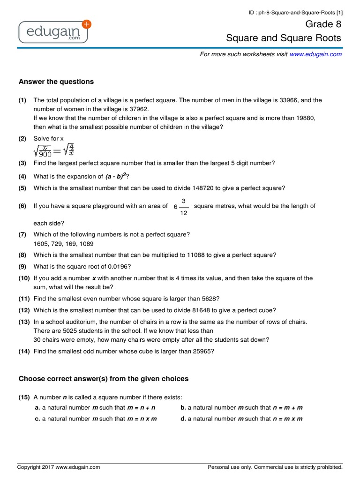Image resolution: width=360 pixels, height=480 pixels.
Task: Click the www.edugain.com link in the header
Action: coord(315,54)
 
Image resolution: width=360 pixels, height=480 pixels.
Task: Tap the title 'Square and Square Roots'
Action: coord(284,38)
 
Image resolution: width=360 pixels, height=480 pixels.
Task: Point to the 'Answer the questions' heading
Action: coord(56,82)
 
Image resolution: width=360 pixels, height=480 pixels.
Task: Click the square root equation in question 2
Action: coord(54,150)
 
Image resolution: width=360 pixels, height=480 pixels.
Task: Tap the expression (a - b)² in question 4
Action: coord(116,176)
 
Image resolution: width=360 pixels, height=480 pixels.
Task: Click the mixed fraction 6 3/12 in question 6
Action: coord(181,206)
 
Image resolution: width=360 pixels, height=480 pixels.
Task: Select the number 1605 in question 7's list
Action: coord(41,244)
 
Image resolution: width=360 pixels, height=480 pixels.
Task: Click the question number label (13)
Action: coord(24,322)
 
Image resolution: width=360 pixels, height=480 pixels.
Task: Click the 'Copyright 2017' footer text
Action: coord(59,467)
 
